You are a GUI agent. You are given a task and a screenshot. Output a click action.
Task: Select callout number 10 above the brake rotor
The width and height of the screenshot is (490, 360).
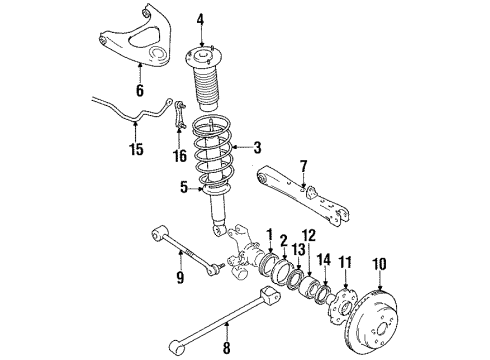click(378, 265)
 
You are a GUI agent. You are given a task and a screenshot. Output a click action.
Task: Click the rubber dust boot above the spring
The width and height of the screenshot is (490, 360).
click(209, 95)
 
